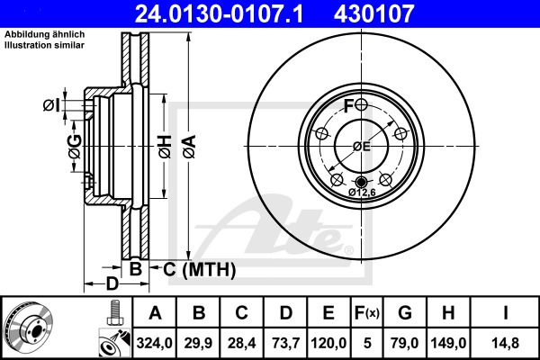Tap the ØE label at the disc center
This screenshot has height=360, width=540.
click(x=361, y=146)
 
